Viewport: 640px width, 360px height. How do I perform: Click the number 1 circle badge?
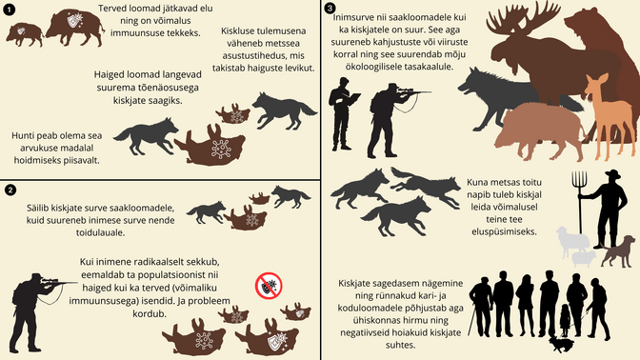pyautogui.click(x=9, y=10)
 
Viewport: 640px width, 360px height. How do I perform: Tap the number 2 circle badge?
pyautogui.click(x=10, y=190)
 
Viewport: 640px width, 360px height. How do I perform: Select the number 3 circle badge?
pyautogui.click(x=330, y=8)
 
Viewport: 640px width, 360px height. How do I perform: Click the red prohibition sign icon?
pyautogui.click(x=269, y=286)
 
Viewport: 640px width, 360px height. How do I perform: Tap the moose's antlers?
pyautogui.click(x=523, y=18)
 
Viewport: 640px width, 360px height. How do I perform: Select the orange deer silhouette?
pyautogui.click(x=609, y=114)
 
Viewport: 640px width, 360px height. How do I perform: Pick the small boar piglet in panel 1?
pyautogui.click(x=25, y=34)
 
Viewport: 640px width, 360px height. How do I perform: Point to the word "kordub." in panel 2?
pyautogui.click(x=150, y=314)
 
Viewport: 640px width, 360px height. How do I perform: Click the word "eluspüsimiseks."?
pyautogui.click(x=504, y=231)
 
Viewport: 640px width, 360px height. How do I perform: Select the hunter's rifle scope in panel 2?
pyautogui.click(x=50, y=280)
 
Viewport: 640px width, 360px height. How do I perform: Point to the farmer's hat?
pyautogui.click(x=612, y=174)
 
